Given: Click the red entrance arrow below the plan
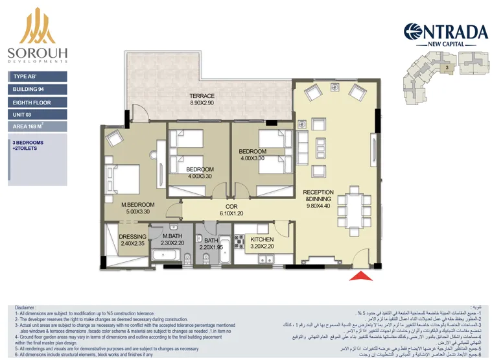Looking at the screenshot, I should [362, 277].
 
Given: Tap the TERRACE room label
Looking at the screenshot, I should [202, 96].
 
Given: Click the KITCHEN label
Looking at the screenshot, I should [261, 239].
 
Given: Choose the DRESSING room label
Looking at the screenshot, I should [133, 236].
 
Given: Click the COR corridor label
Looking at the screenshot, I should [231, 206].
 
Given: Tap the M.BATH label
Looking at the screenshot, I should [172, 236].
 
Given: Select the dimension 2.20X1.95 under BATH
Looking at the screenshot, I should [212, 247].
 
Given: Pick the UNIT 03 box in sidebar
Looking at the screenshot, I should [38, 115].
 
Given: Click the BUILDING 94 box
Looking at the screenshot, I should [38, 89].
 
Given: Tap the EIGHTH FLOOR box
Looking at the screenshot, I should [38, 102].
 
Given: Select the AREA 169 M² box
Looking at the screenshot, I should [38, 128].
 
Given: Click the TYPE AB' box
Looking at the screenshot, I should [38, 76].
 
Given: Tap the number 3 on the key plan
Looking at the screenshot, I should [447, 67].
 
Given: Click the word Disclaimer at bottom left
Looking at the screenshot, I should [27, 307].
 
